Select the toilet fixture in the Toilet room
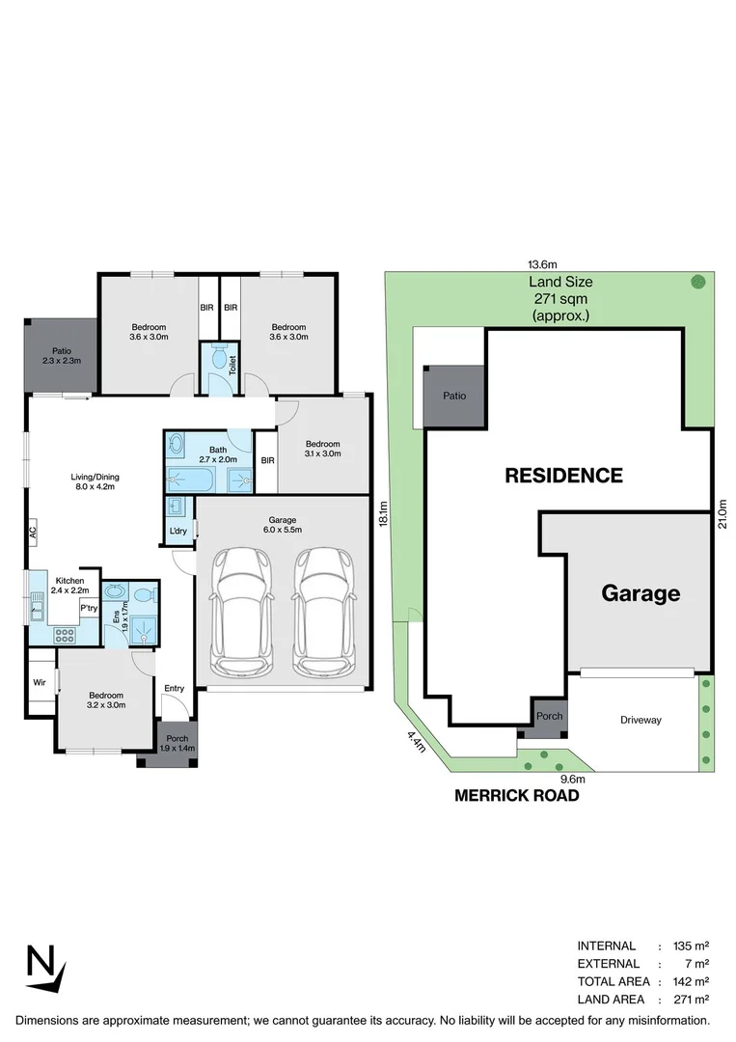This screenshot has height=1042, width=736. tap(218, 362)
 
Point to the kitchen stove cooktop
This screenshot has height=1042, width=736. tap(66, 635)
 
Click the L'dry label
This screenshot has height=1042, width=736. tap(178, 532)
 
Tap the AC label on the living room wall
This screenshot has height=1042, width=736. tap(32, 530)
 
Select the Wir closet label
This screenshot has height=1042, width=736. tap(40, 681)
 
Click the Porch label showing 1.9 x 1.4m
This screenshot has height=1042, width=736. tap(177, 743)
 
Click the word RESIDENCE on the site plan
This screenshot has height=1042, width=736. tap(564, 476)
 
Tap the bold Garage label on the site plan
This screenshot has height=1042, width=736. tap(641, 593)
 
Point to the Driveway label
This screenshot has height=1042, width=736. tap(641, 720)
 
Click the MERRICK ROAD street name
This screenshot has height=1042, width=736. tap(517, 796)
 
